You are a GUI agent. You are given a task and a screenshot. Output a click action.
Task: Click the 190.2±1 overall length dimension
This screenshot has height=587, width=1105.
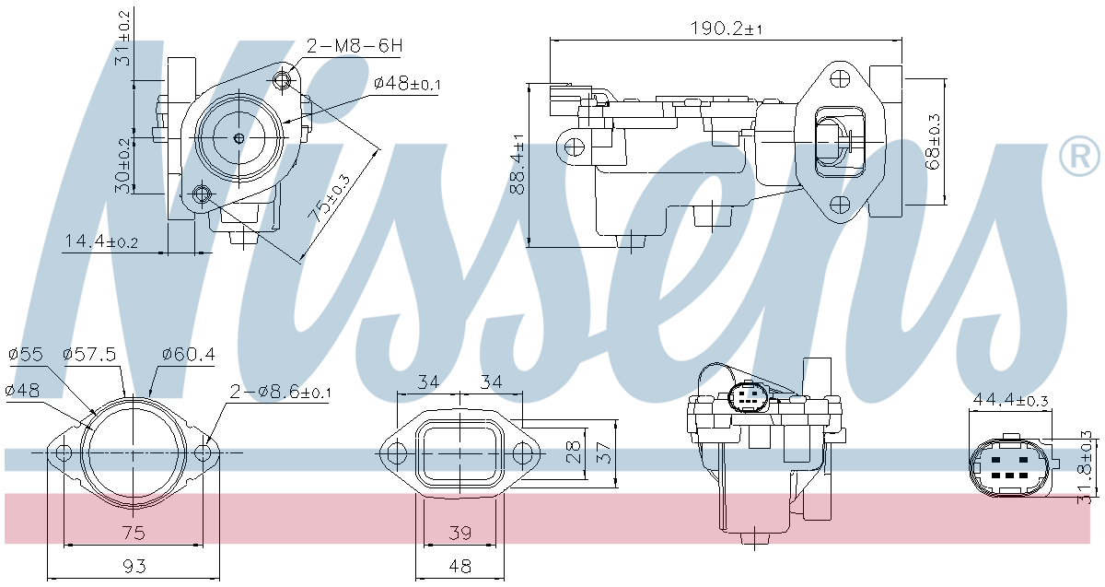[726, 29]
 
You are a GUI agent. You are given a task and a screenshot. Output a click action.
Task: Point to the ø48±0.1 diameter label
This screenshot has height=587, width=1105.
[407, 84]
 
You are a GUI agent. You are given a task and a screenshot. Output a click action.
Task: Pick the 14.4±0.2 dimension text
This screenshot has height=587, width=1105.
[100, 242]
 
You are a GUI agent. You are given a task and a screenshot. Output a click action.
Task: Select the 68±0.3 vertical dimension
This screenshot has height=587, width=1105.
[934, 141]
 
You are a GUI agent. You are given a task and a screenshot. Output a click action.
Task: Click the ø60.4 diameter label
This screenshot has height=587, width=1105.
[188, 353]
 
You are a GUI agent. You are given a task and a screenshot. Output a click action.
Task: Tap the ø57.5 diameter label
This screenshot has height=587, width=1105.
[88, 353]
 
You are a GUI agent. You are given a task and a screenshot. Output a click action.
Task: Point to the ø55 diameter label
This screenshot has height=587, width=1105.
[26, 353]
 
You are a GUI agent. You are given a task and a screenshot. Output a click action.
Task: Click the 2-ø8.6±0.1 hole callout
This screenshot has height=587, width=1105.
[280, 392]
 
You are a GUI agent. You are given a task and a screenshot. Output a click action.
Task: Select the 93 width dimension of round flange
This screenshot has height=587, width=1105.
[134, 565]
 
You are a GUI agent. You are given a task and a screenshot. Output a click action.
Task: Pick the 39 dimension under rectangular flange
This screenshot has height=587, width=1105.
[459, 533]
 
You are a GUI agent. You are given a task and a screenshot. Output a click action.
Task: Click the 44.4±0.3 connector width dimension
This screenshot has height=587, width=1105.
[1010, 400]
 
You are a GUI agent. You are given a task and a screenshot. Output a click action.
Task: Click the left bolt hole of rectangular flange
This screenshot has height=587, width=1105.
[395, 453]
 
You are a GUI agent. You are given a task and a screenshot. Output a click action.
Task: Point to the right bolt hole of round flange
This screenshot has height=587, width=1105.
[204, 453]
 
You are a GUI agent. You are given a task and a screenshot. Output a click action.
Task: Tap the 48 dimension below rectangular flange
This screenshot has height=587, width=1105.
[459, 565]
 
